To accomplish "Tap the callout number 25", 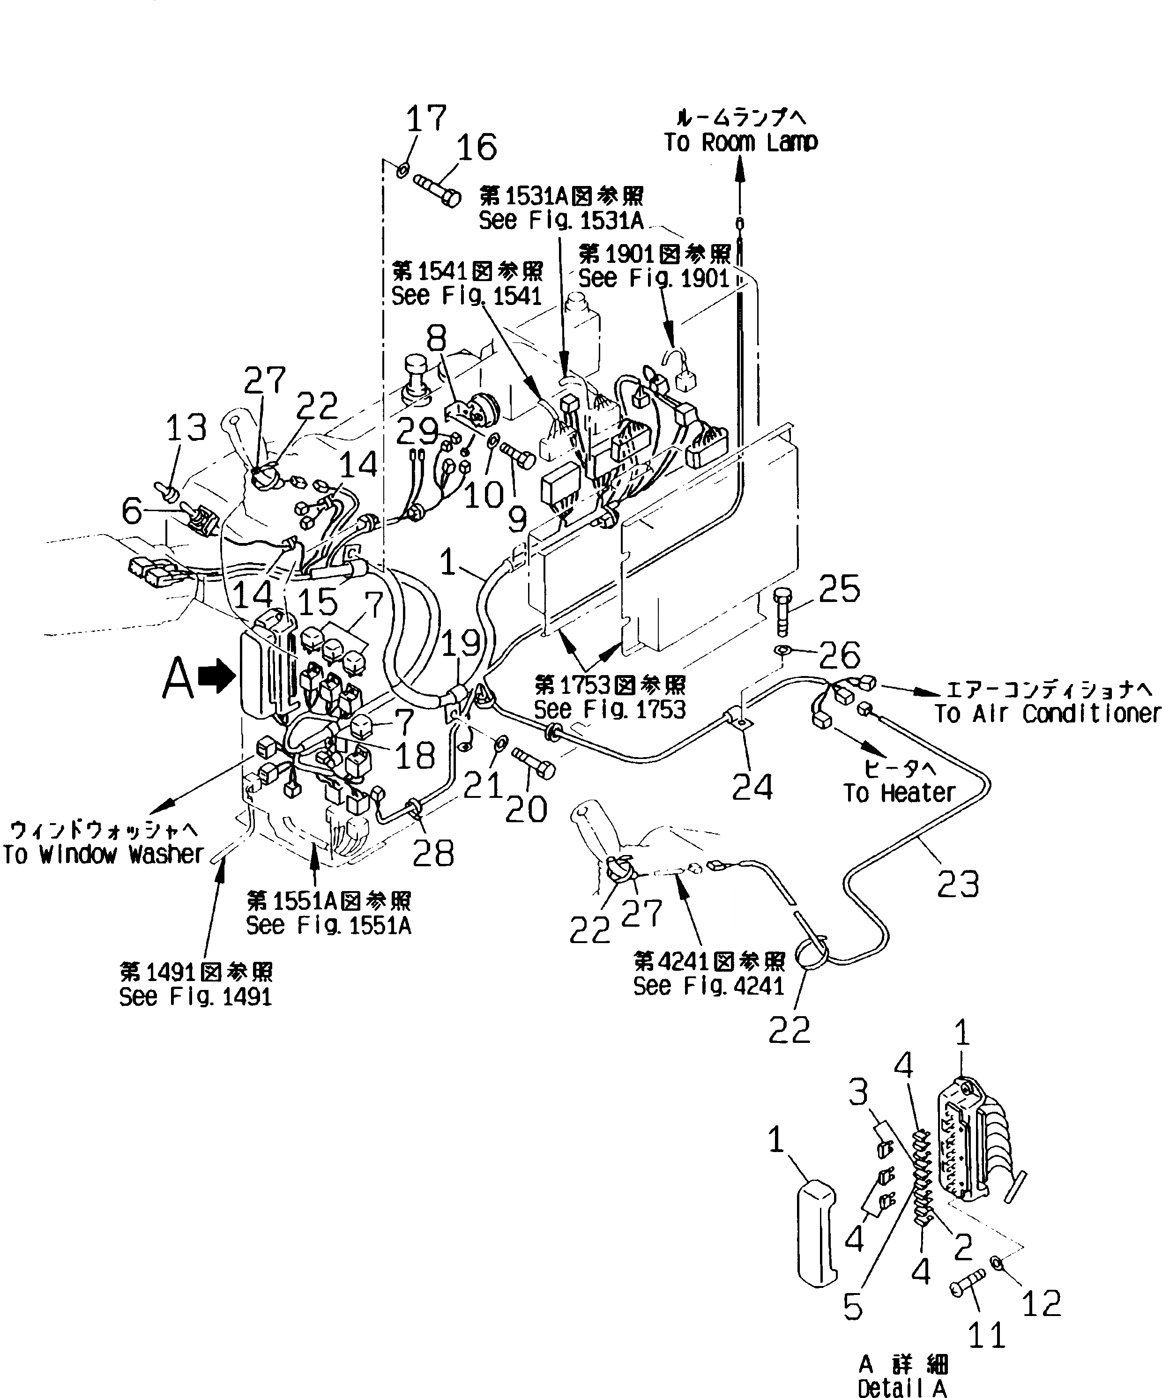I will (x=839, y=588).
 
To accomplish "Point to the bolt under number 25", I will (x=783, y=610).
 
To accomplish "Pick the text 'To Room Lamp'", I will (x=740, y=142).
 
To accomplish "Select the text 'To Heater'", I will (x=899, y=793).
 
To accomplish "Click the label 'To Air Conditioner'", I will (x=1048, y=714).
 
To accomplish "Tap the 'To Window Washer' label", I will (x=103, y=854).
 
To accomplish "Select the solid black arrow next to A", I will (x=220, y=678).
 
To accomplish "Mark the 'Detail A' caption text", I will (x=902, y=1388).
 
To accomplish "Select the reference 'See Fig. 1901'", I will (x=654, y=278).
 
